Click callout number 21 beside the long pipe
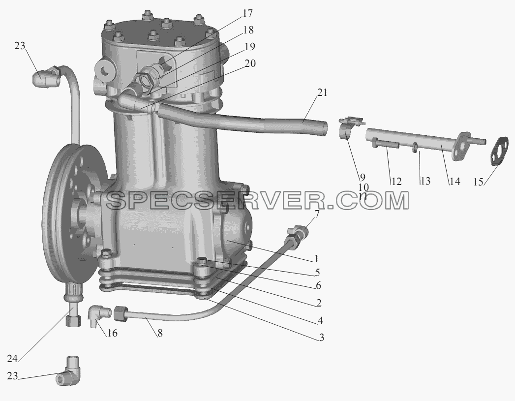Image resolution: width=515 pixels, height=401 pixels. point(322,93)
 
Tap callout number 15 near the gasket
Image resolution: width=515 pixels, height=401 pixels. point(478,182)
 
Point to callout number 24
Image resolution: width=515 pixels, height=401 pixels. point(12,359)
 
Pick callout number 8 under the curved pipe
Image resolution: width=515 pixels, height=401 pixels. point(160,333)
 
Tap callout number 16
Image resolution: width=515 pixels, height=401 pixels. point(112,333)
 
